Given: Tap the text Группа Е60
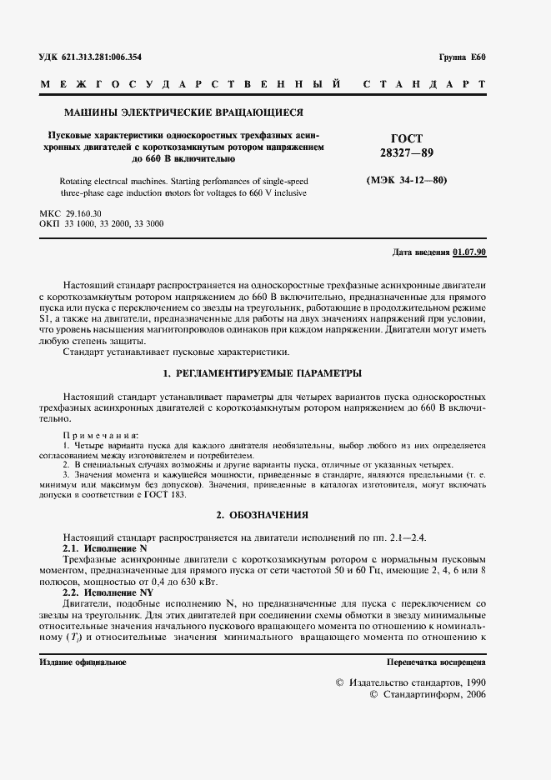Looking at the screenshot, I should [x=461, y=57].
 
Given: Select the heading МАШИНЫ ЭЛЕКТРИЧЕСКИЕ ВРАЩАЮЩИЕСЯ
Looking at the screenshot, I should [x=183, y=112].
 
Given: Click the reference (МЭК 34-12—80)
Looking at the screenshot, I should [x=407, y=180].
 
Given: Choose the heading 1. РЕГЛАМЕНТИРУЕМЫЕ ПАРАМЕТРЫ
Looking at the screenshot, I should [x=262, y=372].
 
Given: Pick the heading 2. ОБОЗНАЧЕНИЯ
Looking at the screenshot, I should [x=262, y=515].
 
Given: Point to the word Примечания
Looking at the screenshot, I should [x=102, y=436].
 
